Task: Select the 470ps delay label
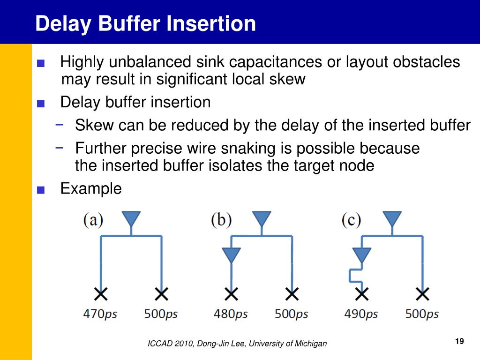point(100,314)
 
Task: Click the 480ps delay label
point(230,314)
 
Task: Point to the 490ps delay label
point(361,314)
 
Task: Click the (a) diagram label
point(93,220)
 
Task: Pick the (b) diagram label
point(221,220)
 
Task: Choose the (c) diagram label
point(351,220)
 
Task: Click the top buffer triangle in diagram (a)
point(131,219)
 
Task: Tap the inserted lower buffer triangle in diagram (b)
point(231,255)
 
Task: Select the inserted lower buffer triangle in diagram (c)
point(361,255)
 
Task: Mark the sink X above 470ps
point(100,294)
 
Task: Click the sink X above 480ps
point(231,294)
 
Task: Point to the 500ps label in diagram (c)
point(422,314)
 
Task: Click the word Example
point(91,189)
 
